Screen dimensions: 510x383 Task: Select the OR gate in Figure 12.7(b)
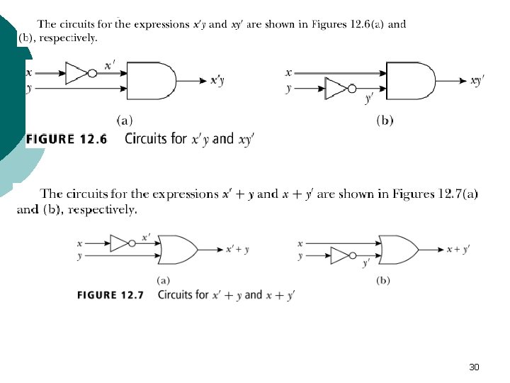coord(397,249)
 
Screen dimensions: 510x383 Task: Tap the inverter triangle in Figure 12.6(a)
coord(74,72)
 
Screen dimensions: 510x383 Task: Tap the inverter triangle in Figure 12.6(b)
coord(334,89)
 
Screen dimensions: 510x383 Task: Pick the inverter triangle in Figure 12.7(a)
coord(120,243)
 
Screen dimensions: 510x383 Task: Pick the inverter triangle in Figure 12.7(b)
coord(340,255)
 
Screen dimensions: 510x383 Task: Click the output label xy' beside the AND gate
coord(477,81)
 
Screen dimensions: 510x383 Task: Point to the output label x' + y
coord(237,249)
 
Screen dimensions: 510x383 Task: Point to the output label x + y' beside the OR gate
coord(458,249)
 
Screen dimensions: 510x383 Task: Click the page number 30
coord(474,367)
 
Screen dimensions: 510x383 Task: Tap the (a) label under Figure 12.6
coord(124,121)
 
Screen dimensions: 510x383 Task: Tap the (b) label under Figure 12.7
coord(383,280)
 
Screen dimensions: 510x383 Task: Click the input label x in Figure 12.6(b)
coord(288,72)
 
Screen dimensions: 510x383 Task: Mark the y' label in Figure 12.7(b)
coord(366,263)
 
